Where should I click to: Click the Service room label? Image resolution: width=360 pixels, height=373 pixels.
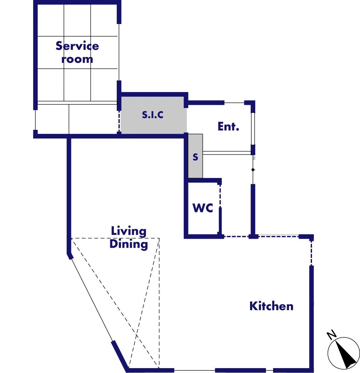77,52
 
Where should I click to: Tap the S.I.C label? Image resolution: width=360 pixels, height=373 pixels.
153,115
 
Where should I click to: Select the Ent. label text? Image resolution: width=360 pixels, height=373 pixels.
228,126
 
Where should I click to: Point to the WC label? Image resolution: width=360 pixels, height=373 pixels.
203,208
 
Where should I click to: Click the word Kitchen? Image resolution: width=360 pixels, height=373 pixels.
271,306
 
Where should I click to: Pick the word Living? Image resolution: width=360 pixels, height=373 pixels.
129,231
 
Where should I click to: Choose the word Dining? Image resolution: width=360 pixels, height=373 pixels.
129,244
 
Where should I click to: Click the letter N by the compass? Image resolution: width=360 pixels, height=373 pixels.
331,335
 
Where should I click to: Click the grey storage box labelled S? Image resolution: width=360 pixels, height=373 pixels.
195,156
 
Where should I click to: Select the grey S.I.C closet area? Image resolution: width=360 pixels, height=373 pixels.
153,115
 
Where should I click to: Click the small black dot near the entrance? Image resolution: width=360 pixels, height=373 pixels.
253,170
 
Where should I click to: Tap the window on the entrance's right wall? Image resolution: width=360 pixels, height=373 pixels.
253,129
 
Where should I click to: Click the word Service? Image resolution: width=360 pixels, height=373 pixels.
77,46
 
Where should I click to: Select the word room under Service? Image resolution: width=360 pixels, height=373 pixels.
77,59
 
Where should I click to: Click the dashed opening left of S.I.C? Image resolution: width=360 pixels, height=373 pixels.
119,122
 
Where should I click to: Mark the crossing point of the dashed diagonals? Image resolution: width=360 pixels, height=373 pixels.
136,335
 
